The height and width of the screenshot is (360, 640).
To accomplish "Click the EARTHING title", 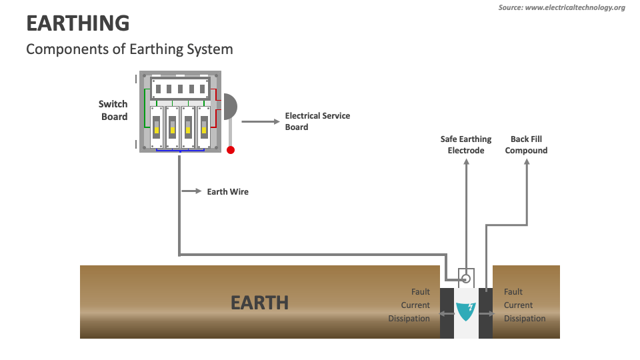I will point(78,23).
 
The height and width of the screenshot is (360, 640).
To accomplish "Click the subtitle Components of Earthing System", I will point(129,49).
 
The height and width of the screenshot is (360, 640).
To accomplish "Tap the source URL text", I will point(561,7).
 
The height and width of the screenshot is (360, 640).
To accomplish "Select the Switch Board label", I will point(113,111).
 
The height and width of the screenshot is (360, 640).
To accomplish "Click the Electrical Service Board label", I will point(317,121).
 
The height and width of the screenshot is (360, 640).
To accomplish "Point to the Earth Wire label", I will point(227,192).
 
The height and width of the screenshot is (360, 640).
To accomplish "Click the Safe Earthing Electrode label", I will point(466,145).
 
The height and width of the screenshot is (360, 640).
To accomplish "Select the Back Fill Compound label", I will point(526,145).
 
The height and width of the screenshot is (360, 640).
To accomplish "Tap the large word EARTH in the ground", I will point(259,303).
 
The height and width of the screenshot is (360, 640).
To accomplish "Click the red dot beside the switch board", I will point(231,150).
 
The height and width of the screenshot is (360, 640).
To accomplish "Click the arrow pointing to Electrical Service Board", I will point(259,122).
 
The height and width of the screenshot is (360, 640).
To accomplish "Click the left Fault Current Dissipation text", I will point(409,305).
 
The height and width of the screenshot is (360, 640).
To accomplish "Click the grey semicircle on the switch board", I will point(230,107).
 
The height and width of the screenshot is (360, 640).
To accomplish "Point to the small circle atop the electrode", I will point(466,278).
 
